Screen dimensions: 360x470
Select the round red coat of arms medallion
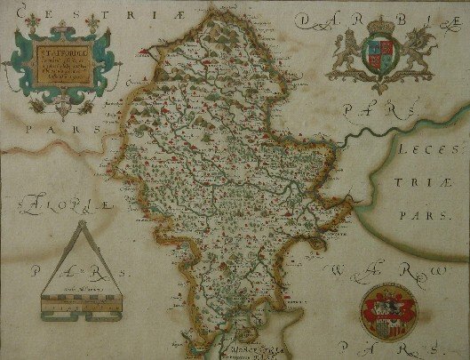point(386,311)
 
